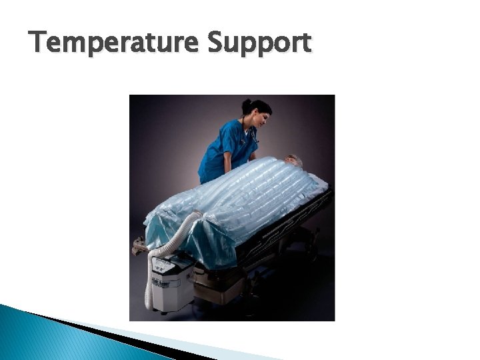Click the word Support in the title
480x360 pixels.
pyautogui.click(x=259, y=45)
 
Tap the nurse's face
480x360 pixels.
pyautogui.click(x=261, y=118)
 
